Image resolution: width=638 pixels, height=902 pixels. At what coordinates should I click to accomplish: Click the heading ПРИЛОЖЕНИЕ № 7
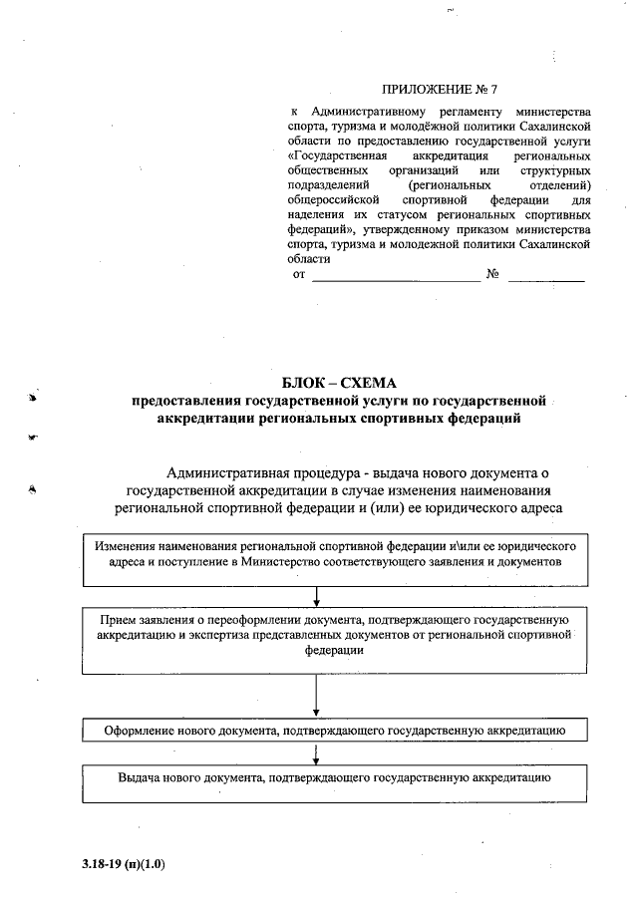tap(440, 90)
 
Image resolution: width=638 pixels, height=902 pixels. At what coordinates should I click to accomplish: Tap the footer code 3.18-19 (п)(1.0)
tap(124, 864)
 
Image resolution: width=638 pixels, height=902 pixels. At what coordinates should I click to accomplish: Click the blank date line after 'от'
tap(396, 280)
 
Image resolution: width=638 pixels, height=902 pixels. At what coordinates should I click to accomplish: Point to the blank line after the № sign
tap(546, 280)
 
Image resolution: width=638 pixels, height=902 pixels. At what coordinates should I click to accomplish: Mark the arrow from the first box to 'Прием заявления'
tap(316, 595)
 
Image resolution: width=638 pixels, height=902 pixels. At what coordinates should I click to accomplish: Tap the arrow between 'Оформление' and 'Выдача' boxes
tap(316, 753)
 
